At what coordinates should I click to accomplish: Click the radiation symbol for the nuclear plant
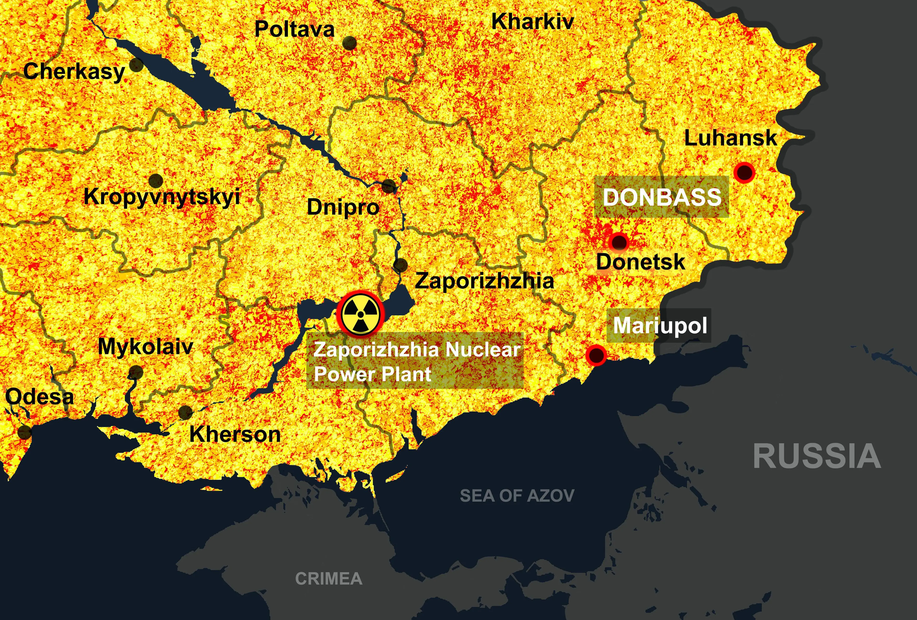point(360,314)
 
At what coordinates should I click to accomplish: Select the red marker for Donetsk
point(618,241)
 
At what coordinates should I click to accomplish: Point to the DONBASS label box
point(662,197)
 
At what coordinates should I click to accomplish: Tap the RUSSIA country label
point(817,456)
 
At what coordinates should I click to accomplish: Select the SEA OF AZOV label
point(517,496)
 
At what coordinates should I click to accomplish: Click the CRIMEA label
point(329,579)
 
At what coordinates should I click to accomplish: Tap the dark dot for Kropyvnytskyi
point(156,180)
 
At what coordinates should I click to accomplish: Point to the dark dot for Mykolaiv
point(136,372)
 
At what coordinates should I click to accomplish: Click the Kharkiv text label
point(532,22)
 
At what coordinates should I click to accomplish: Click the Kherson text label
point(235,434)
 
